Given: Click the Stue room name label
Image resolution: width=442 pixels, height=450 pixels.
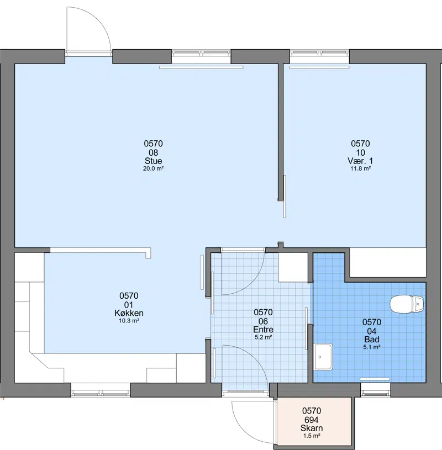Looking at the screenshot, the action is click(154, 161).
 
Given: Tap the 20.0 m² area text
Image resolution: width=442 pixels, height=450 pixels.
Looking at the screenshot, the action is click(154, 168).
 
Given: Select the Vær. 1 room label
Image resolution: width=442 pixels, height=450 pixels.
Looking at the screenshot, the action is click(360, 161).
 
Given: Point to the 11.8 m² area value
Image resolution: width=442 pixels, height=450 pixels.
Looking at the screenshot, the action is click(360, 168).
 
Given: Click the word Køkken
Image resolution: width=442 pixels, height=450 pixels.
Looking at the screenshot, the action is click(129, 313).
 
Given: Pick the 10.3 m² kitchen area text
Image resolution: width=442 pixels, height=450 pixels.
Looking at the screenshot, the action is click(129, 321).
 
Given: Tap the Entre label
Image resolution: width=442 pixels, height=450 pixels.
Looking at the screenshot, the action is click(263, 329).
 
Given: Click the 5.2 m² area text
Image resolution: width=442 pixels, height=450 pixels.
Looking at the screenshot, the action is click(264, 337).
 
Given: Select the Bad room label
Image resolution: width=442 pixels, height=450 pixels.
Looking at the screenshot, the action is click(372, 339).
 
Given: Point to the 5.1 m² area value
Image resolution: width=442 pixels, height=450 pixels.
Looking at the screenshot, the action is click(372, 347).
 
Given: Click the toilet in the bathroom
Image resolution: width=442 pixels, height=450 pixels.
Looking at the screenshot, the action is click(407, 304).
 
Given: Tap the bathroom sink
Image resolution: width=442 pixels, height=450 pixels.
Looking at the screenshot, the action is click(323, 357).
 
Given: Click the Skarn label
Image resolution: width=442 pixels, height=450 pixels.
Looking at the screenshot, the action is click(312, 428).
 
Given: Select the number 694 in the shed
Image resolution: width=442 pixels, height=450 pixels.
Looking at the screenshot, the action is click(312, 420).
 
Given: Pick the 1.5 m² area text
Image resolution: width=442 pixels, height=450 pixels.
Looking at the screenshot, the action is click(312, 436).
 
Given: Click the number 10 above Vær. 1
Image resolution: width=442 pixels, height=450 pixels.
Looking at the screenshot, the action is click(360, 152).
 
